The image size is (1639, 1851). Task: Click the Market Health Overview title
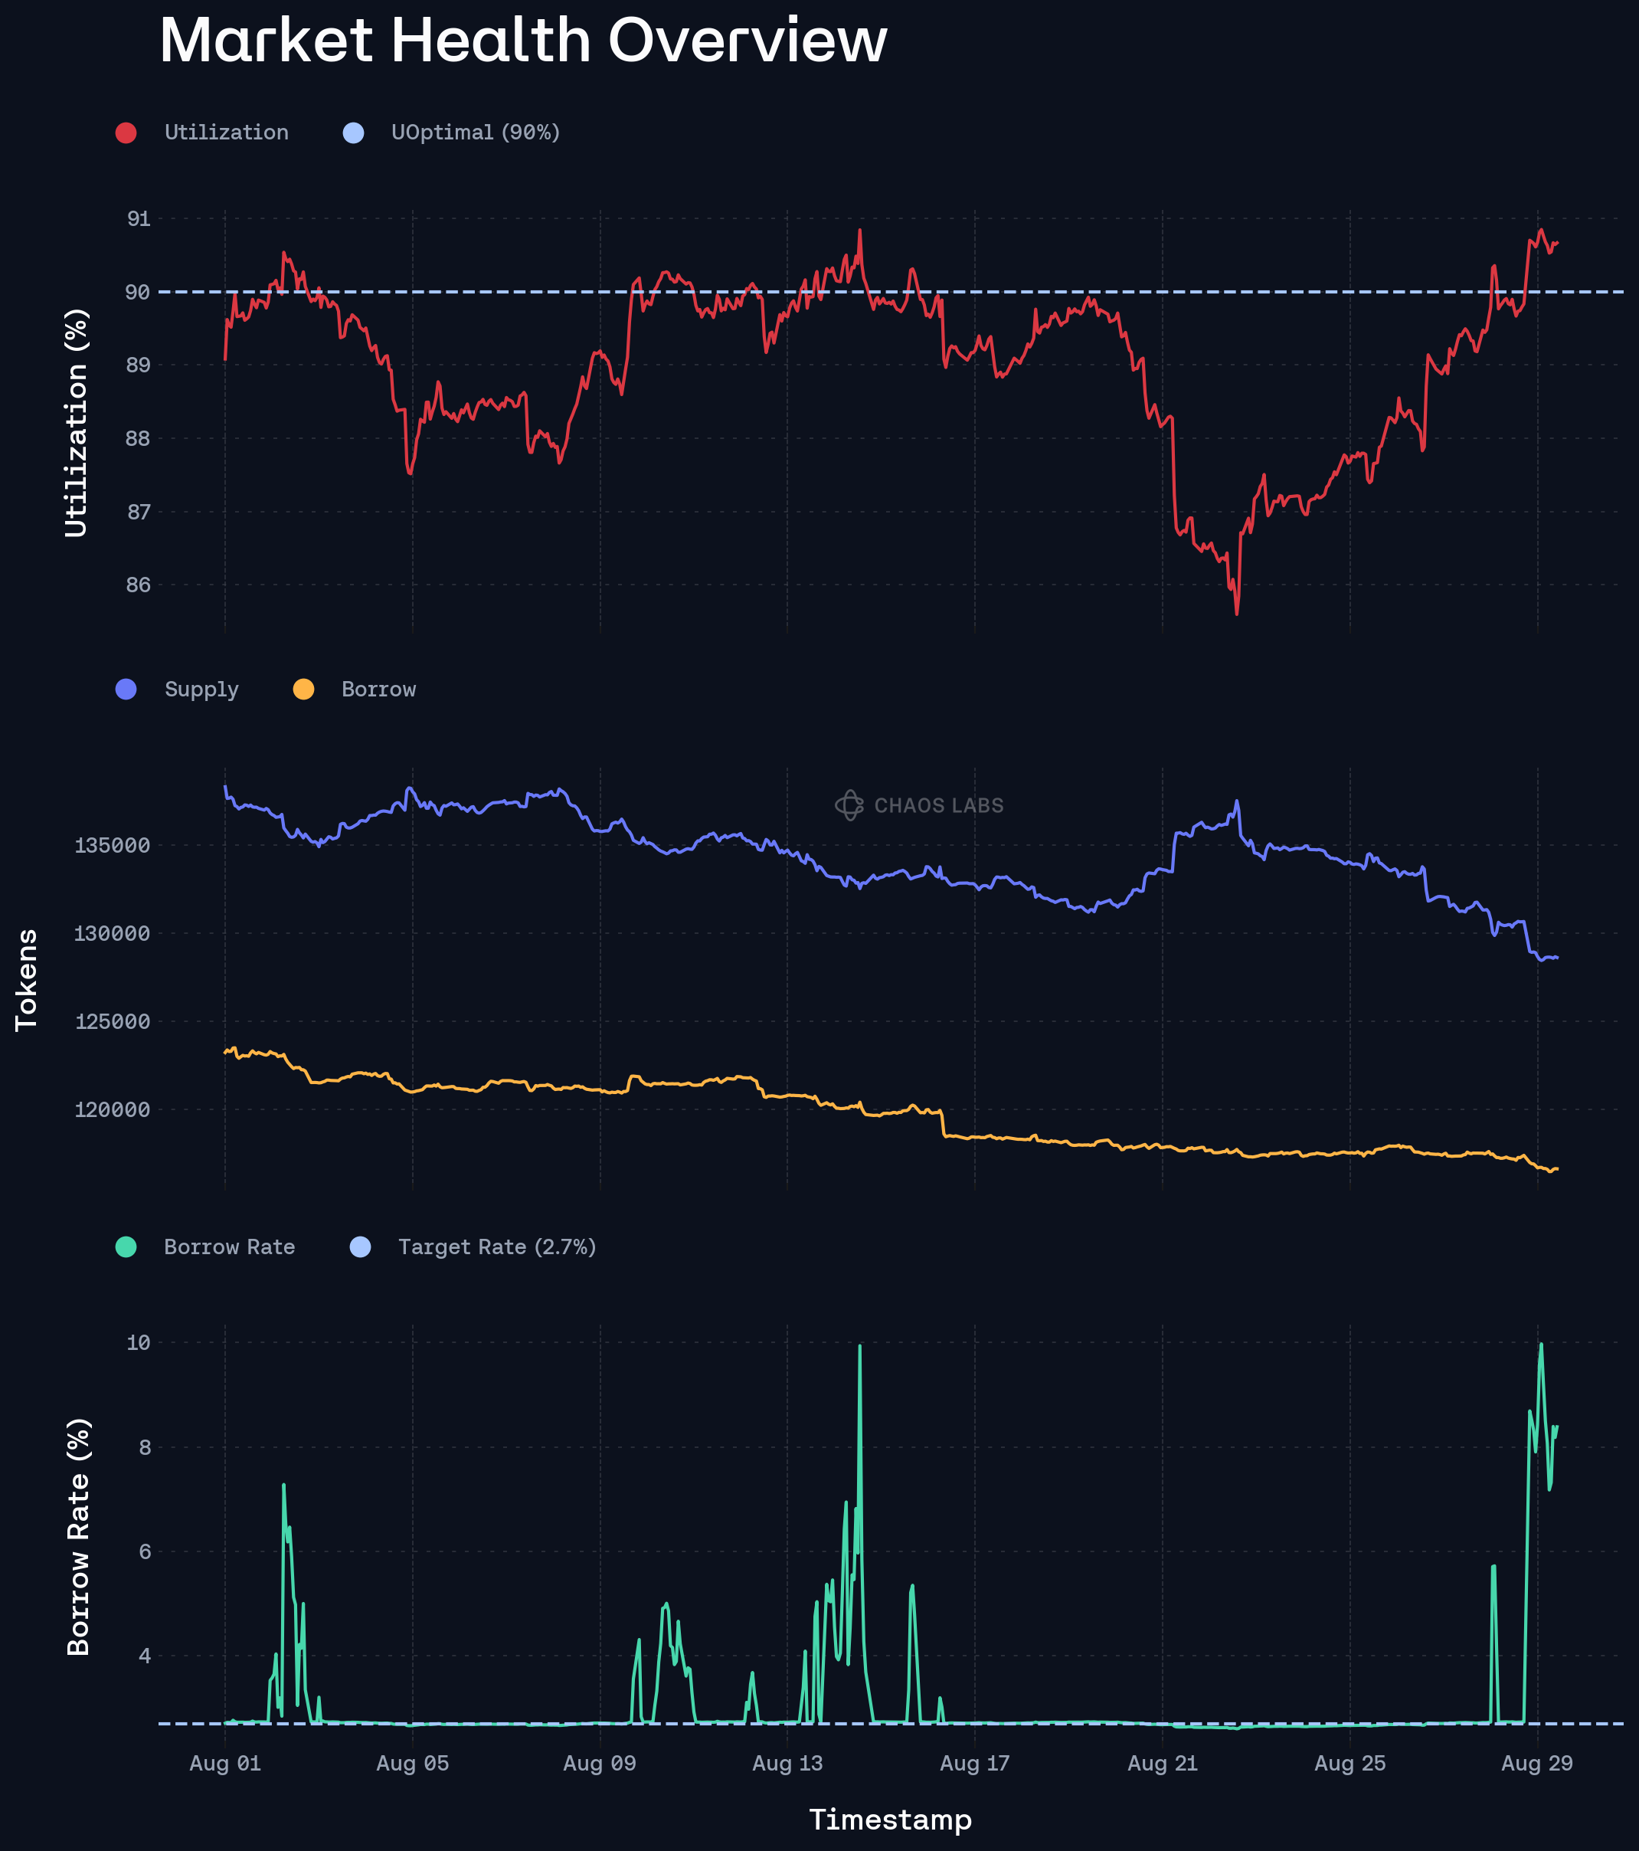(522, 41)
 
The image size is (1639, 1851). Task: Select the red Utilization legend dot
(126, 133)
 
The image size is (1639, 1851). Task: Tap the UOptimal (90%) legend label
(476, 133)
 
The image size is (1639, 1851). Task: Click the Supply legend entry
(201, 689)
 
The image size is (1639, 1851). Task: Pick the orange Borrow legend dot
(303, 689)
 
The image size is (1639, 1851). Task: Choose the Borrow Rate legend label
(229, 1247)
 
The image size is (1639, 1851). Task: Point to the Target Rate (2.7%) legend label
(497, 1247)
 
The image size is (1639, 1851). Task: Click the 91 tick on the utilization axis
(139, 219)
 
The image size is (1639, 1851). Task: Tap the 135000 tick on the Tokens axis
(113, 846)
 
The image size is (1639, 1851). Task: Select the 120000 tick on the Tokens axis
(113, 1109)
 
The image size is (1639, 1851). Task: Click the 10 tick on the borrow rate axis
(139, 1342)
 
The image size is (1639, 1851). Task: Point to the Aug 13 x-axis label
(787, 1763)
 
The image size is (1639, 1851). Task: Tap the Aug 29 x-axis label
(1536, 1763)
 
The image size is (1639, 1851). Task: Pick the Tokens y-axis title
(26, 979)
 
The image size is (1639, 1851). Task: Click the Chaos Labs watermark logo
(849, 805)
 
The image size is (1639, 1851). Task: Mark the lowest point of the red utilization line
(1237, 614)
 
